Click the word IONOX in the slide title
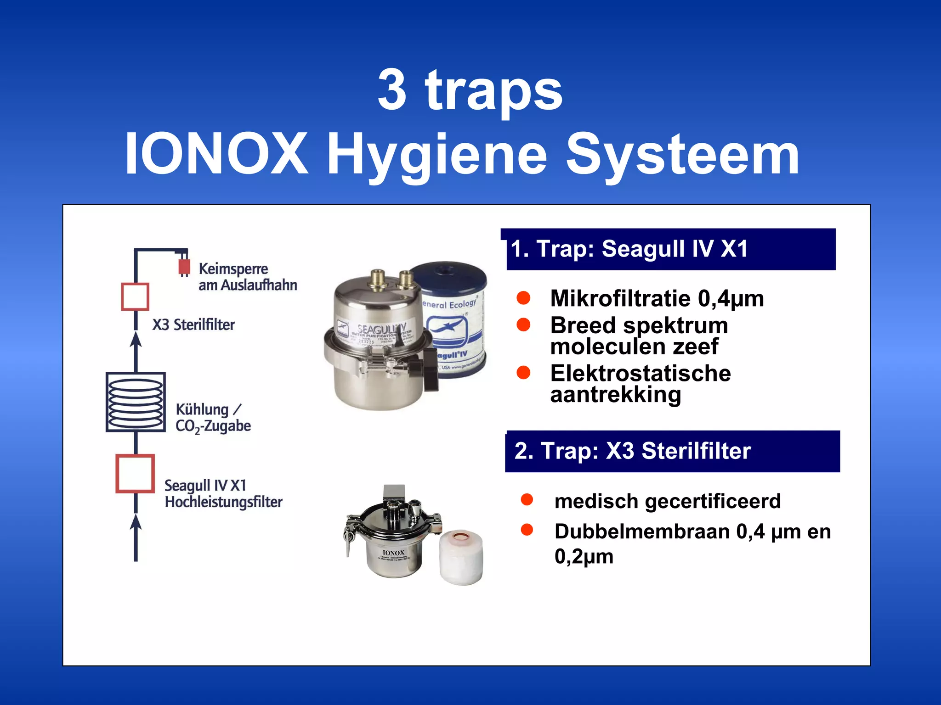(216, 154)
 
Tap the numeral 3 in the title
(392, 90)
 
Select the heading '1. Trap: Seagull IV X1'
(629, 249)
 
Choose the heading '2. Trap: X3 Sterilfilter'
(632, 451)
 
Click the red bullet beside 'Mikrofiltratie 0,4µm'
(523, 298)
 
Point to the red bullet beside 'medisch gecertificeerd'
(527, 500)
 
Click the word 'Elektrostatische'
(641, 373)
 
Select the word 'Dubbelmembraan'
(642, 532)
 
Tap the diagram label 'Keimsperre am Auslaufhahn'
(247, 277)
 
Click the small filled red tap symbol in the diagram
(184, 267)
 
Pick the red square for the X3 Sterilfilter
(135, 297)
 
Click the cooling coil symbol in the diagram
(136, 402)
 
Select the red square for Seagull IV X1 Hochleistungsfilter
(135, 474)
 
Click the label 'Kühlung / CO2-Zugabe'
(213, 418)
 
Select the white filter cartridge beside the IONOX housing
(461, 558)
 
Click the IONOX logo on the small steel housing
(393, 553)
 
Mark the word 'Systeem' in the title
(683, 155)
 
